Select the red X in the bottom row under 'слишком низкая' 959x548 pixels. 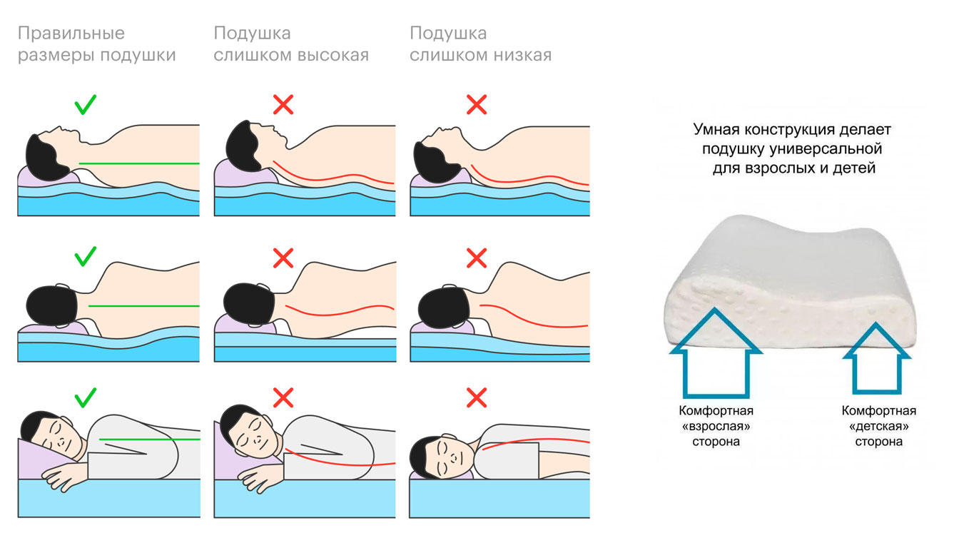click(476, 397)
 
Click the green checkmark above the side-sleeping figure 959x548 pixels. click(85, 397)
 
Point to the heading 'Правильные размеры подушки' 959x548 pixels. click(96, 44)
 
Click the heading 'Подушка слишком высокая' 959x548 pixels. click(291, 44)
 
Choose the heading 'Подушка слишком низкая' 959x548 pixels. click(480, 44)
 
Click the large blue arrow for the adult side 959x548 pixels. click(716, 355)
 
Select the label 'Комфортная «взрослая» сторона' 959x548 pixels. click(716, 426)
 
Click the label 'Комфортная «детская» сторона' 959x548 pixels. click(878, 426)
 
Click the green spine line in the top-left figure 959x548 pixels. click(136, 163)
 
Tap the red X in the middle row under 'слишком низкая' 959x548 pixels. click(476, 257)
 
